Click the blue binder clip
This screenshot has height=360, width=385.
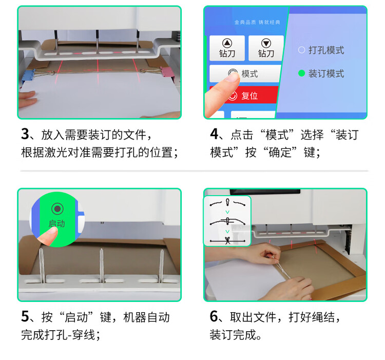click(27, 75)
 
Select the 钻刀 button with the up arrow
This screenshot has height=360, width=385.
click(227, 48)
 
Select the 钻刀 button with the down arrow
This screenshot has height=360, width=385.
click(266, 48)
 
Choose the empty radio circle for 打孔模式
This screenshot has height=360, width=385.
click(301, 50)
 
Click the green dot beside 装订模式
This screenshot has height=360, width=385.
click(301, 73)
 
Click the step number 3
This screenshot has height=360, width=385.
click(25, 134)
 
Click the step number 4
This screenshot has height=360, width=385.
click(214, 134)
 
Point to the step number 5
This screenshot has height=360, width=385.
click(25, 316)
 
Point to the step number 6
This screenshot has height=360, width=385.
click(214, 316)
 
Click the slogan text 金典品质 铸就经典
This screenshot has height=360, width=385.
click(257, 23)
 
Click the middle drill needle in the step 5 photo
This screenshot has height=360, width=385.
click(102, 265)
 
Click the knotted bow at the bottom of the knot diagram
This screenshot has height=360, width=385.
click(227, 240)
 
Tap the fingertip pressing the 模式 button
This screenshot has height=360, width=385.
click(232, 78)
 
